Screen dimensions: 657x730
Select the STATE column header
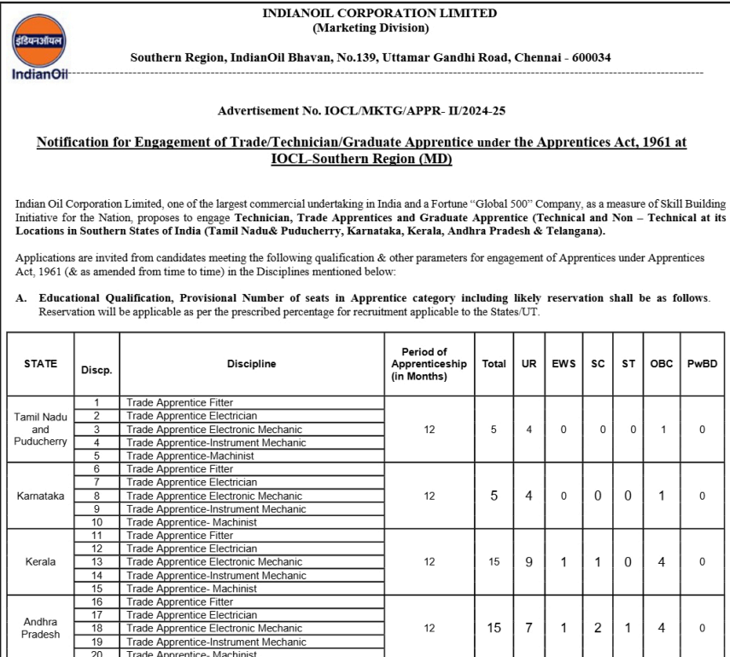(41, 364)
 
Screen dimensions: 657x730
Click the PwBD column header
(702, 364)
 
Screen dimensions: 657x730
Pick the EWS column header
(564, 364)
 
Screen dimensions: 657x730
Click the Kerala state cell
(41, 562)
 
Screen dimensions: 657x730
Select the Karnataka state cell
(41, 496)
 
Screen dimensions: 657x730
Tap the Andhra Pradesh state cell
(41, 629)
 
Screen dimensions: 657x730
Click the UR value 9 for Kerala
(529, 562)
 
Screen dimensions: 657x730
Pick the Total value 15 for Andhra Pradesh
(493, 628)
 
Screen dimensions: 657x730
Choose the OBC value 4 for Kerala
(662, 562)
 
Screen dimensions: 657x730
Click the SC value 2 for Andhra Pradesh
(598, 628)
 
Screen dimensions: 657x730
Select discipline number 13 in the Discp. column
(96, 562)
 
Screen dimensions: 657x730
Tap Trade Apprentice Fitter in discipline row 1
(179, 402)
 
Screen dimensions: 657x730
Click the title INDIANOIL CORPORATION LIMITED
(379, 14)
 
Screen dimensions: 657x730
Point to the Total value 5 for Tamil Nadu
(493, 430)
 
